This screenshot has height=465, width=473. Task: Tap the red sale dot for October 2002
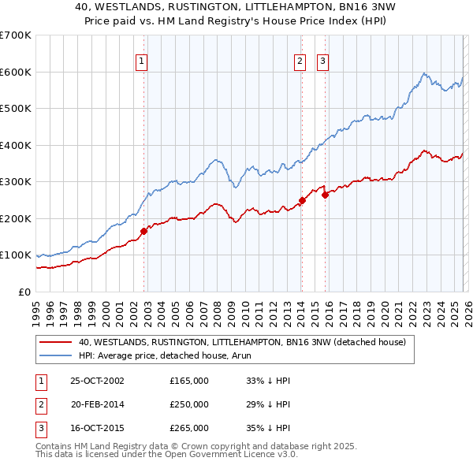click(144, 231)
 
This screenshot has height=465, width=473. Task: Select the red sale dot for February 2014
click(302, 200)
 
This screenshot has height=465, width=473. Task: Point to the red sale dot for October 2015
click(325, 195)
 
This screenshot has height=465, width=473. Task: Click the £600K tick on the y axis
click(16, 72)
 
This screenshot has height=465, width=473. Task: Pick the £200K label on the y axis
click(16, 218)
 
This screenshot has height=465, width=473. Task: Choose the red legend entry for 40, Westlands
click(242, 342)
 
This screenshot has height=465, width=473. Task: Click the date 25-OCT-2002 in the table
click(97, 380)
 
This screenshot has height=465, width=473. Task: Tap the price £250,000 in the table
click(189, 404)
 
